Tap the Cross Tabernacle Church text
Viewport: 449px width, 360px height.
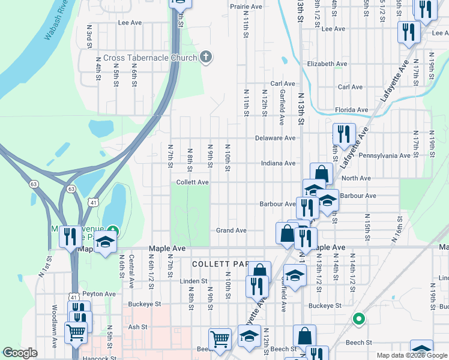pos(150,58)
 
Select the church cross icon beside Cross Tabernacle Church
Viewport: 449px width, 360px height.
pos(206,58)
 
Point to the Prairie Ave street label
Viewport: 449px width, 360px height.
pos(246,7)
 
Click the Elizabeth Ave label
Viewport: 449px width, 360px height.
pos(327,64)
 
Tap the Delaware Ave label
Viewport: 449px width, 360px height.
pos(279,138)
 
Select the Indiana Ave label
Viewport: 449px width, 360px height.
pos(278,163)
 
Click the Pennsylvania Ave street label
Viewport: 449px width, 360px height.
pos(384,156)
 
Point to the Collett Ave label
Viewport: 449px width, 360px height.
pos(192,182)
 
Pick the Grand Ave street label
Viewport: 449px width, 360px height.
pos(231,230)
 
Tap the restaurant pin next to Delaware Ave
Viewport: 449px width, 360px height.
pos(343,134)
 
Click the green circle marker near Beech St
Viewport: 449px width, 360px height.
pos(358,319)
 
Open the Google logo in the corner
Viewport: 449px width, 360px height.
pos(20,353)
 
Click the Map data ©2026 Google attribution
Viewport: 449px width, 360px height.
pos(411,355)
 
